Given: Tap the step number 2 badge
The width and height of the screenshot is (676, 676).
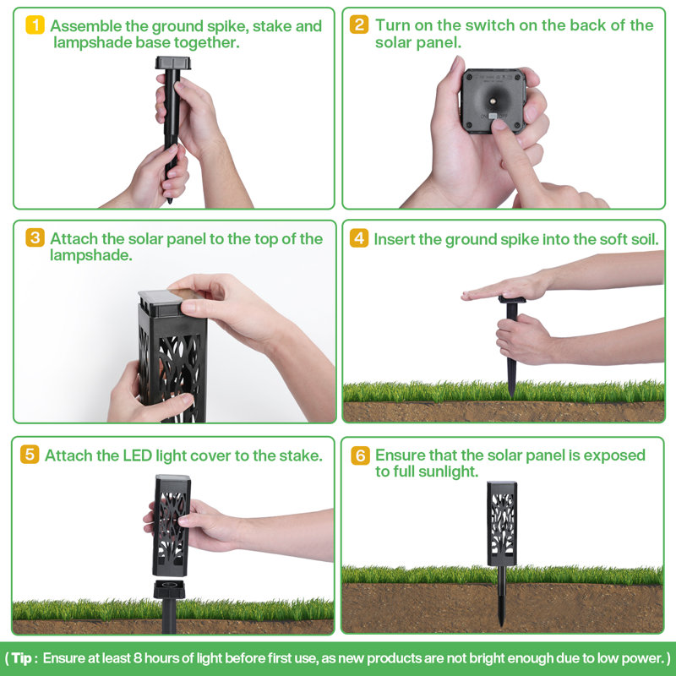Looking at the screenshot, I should [x=360, y=25].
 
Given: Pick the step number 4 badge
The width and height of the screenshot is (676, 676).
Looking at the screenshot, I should [x=359, y=238].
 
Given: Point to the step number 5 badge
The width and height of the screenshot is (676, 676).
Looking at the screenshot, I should [x=30, y=455].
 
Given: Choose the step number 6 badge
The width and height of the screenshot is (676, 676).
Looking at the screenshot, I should [x=360, y=455].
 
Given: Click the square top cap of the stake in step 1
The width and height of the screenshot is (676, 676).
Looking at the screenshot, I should [x=174, y=63].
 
